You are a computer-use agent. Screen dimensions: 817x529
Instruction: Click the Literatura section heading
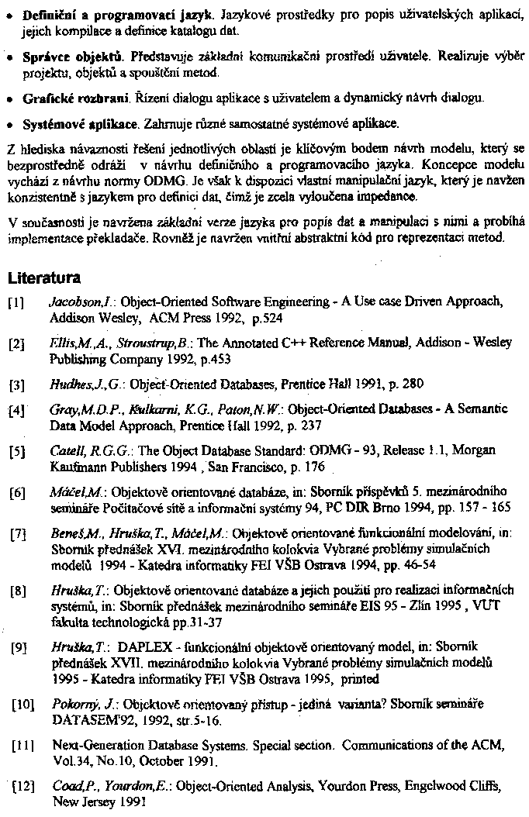pyautogui.click(x=43, y=277)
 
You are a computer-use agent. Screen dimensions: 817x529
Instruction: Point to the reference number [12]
pyautogui.click(x=22, y=786)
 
